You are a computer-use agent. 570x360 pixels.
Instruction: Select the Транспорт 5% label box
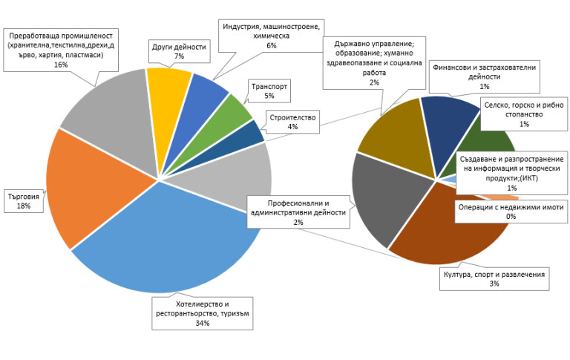(x=269, y=91)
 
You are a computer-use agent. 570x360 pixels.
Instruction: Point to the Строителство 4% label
(x=292, y=122)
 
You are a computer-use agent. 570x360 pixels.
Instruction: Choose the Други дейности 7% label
(x=178, y=51)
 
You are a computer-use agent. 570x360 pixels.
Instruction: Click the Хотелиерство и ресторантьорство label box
(x=203, y=313)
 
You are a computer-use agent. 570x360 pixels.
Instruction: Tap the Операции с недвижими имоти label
(x=511, y=212)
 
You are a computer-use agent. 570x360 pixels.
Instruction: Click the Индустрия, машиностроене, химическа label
(x=271, y=36)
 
